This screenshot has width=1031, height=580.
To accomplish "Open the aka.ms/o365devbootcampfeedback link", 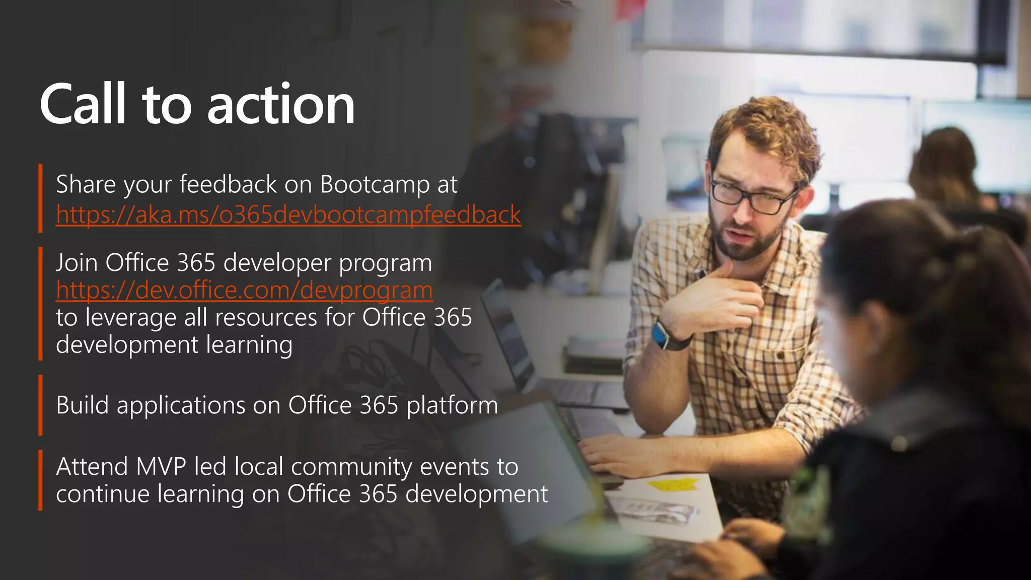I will click(288, 215).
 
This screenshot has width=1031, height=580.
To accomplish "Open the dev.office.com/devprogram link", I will click(244, 291).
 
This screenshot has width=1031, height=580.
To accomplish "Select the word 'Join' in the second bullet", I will click(77, 263).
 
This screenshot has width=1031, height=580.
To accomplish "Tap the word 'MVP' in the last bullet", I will click(161, 467).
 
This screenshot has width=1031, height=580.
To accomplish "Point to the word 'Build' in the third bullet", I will click(82, 405).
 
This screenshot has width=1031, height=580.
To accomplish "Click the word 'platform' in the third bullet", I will click(452, 406).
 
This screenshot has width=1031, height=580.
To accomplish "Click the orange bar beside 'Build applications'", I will click(40, 405).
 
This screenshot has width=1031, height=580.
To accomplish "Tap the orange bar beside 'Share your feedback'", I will click(40, 198).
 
